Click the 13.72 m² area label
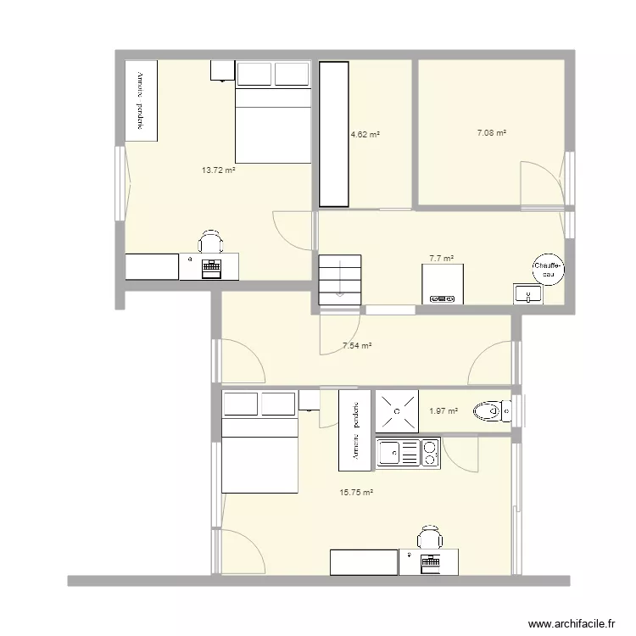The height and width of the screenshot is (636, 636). [218, 170]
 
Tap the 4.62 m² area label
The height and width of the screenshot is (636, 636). [365, 134]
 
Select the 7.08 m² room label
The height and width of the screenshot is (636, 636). [491, 133]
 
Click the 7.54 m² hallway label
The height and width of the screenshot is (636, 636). [358, 346]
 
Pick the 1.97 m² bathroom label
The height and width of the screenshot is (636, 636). [443, 411]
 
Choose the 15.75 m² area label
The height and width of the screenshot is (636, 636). [356, 492]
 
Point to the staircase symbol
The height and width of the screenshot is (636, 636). [340, 279]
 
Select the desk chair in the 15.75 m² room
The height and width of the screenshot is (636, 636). [429, 538]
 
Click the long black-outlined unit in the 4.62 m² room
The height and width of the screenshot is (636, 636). [334, 134]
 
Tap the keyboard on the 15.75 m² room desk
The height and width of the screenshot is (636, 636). [427, 561]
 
